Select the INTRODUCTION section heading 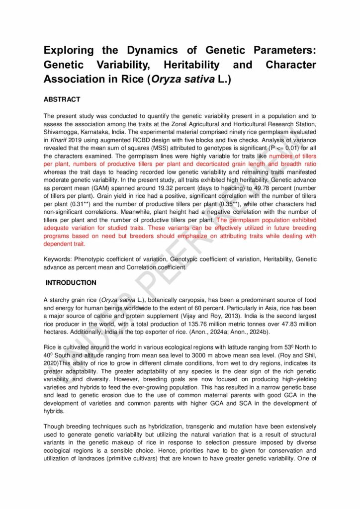click(71, 283)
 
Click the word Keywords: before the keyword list click(57, 259)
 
